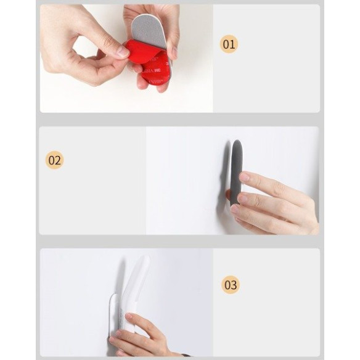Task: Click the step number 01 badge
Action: tap(229, 44)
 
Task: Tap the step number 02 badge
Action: tap(55, 160)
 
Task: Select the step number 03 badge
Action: tap(230, 285)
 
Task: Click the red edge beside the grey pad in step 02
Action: tap(229, 195)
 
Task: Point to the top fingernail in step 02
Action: tap(245, 178)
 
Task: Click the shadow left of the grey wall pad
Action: tap(224, 166)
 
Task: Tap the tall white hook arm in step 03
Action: tap(134, 287)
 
